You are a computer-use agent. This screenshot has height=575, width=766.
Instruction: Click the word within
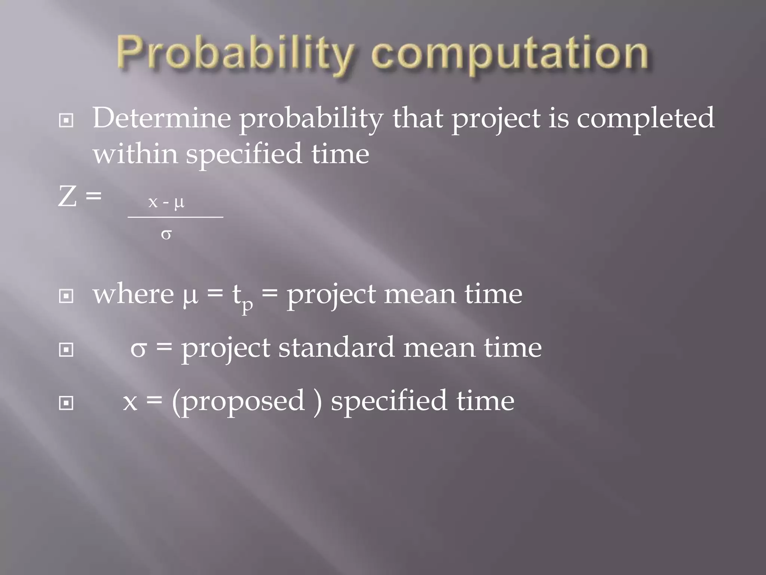pyautogui.click(x=135, y=154)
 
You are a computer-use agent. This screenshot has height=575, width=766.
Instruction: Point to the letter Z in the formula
pyautogui.click(x=67, y=197)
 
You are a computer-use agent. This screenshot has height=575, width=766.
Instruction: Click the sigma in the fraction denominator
pyautogui.click(x=166, y=235)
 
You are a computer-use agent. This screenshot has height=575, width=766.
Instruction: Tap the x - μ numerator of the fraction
pyautogui.click(x=166, y=203)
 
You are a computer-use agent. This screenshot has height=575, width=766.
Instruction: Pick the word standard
pyautogui.click(x=336, y=348)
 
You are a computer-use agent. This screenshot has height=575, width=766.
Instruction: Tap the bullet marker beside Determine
pyautogui.click(x=66, y=121)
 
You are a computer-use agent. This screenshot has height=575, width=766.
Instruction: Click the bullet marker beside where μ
pyautogui.click(x=66, y=296)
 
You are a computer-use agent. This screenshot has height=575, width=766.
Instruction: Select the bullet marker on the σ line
pyautogui.click(x=66, y=350)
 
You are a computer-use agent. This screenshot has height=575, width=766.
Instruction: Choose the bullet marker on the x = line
pyautogui.click(x=66, y=403)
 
